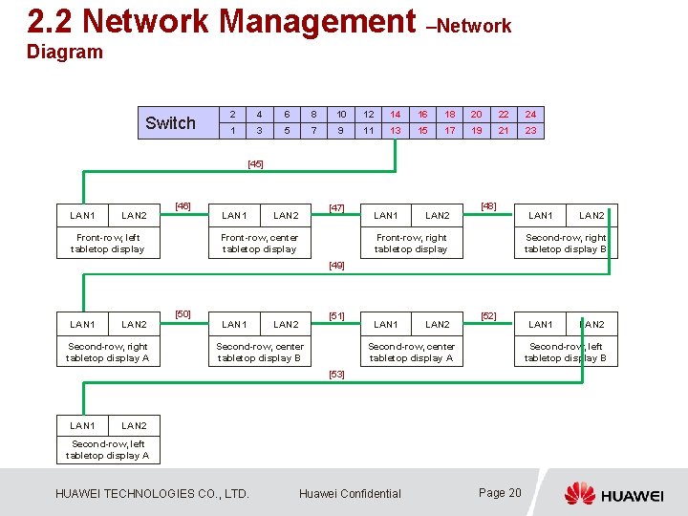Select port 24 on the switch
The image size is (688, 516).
[530, 114]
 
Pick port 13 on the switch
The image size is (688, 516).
[396, 131]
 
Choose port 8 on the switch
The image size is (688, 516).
[314, 114]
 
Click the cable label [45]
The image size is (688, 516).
[255, 164]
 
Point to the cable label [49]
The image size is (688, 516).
[336, 266]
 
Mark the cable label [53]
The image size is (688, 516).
[336, 375]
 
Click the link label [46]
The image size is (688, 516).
[183, 205]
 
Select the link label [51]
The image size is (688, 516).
[336, 315]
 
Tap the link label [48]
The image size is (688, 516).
[488, 205]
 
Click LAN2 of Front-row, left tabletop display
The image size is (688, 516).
[134, 216]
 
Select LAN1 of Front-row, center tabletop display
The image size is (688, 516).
[234, 216]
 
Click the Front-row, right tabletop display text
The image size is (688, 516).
[411, 244]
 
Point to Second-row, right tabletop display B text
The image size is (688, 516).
[565, 244]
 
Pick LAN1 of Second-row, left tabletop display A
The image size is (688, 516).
[83, 425]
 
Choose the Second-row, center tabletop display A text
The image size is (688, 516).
[411, 353]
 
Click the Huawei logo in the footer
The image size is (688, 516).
[613, 494]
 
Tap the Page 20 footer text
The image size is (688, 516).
[500, 493]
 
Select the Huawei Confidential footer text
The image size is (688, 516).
[350, 494]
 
